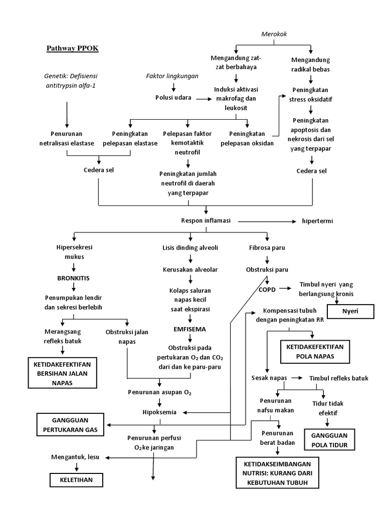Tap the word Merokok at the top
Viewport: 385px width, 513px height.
pos(274,34)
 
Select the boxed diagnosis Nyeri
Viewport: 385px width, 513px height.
pos(350,311)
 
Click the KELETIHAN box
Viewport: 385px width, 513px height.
pos(76,480)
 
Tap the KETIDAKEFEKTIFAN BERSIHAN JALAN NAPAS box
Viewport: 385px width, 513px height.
pos(62,372)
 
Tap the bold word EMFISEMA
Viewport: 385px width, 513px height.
pos(189,329)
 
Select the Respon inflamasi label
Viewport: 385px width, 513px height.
pos(206,220)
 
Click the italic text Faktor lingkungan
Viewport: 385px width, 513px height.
pos(172,76)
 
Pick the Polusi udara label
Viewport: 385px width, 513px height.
pos(172,98)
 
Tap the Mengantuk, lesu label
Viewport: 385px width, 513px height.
pos(73,457)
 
